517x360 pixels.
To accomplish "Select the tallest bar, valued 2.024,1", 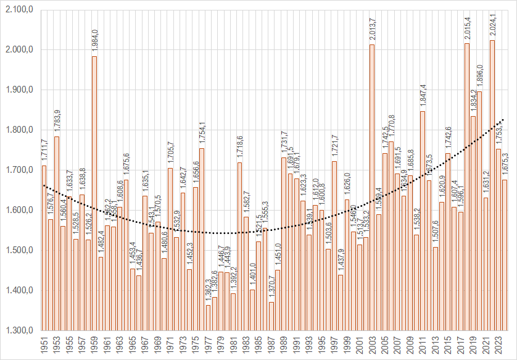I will pos(492,185).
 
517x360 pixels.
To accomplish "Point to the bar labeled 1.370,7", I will pos(271,316).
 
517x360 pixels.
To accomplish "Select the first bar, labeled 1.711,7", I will pos(44,248).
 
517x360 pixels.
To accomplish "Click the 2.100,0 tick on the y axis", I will pos(19,10).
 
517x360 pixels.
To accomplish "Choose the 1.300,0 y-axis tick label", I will pos(19,330).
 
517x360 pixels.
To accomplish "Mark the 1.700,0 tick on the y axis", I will pos(19,170).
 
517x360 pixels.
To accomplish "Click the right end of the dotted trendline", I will pos(504,119).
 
